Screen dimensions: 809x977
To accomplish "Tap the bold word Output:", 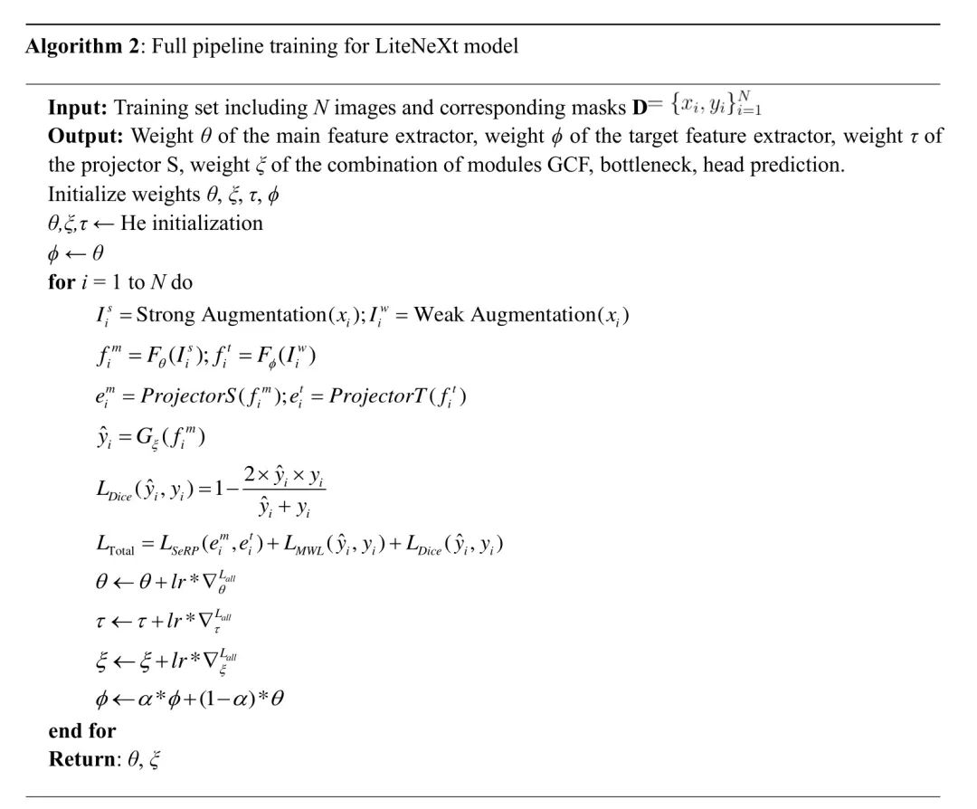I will click(86, 137).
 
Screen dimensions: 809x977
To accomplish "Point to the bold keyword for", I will click(61, 281).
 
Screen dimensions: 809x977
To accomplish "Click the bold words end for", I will click(82, 730).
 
